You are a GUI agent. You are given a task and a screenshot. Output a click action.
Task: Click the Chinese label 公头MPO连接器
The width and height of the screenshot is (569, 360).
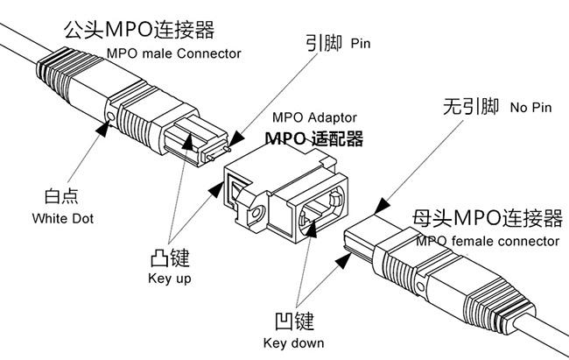point(139,31)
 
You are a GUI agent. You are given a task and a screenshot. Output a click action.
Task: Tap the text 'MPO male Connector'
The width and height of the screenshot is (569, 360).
point(173,53)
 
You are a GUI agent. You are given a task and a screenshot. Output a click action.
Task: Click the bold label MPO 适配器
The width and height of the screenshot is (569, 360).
point(313,138)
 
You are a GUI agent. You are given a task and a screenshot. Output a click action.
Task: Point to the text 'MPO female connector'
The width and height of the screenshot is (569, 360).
point(488,240)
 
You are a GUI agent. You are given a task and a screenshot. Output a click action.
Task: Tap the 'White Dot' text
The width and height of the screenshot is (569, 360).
point(62,218)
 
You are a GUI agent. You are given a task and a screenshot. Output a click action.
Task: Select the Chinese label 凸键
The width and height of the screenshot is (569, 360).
point(170,258)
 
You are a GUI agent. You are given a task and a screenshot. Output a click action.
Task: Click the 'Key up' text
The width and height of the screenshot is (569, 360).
point(170,279)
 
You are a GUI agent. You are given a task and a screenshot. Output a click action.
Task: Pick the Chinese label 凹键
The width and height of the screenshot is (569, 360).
point(293,321)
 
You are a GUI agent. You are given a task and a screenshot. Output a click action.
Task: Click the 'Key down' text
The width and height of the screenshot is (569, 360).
point(293,342)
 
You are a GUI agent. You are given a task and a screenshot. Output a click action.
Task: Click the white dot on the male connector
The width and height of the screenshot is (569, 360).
point(110,115)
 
